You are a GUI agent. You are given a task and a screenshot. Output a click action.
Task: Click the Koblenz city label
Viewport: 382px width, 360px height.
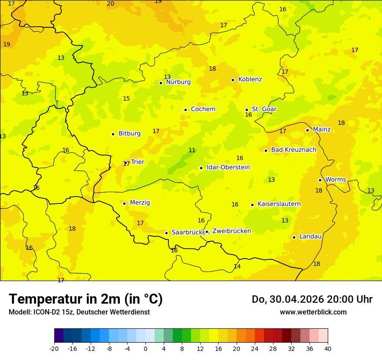pyautogui.click(x=250, y=79)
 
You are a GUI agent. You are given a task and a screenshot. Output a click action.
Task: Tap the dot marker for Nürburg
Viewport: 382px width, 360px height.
pyautogui.click(x=161, y=83)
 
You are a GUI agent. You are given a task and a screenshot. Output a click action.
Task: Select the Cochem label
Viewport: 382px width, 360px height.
pyautogui.click(x=203, y=109)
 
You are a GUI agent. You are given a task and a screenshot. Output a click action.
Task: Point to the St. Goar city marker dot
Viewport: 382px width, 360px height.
pyautogui.click(x=247, y=110)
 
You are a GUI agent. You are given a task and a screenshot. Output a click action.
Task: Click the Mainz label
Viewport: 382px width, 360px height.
pyautogui.click(x=322, y=130)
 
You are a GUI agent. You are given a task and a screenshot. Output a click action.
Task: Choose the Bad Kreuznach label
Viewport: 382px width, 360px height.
pyautogui.click(x=293, y=150)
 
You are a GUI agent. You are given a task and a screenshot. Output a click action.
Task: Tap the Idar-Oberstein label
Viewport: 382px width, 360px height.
pyautogui.click(x=228, y=167)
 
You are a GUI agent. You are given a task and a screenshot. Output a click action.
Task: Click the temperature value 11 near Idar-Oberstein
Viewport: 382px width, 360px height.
pyautogui.click(x=192, y=151)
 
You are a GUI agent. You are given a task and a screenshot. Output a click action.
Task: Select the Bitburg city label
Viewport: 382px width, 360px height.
pyautogui.click(x=129, y=134)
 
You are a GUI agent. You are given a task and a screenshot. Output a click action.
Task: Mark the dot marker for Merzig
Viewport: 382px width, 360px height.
pyautogui.click(x=124, y=203)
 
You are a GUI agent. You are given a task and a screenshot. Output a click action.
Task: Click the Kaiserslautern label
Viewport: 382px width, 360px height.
pyautogui.click(x=279, y=204)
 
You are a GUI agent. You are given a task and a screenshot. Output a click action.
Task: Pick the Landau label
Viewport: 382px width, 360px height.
pyautogui.click(x=310, y=237)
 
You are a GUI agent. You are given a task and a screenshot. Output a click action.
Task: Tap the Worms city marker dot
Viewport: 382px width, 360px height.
pyautogui.click(x=320, y=180)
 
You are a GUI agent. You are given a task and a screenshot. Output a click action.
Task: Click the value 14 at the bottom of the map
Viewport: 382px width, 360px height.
pyautogui.click(x=237, y=267)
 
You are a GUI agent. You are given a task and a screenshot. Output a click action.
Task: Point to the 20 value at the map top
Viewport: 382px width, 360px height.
pyautogui.click(x=111, y=4)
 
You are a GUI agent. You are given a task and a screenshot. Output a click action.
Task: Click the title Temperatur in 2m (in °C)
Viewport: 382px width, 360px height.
pyautogui.click(x=86, y=299)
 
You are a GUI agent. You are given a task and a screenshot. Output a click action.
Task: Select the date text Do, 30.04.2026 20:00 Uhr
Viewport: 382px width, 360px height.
pyautogui.click(x=312, y=299)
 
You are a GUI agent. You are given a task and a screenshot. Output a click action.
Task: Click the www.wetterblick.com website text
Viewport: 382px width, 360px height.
pyautogui.click(x=313, y=312)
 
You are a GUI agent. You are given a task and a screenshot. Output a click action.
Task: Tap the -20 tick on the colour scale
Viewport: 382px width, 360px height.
pyautogui.click(x=54, y=348)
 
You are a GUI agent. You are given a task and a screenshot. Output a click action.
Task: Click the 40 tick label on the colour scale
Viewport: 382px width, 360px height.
pyautogui.click(x=328, y=348)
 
